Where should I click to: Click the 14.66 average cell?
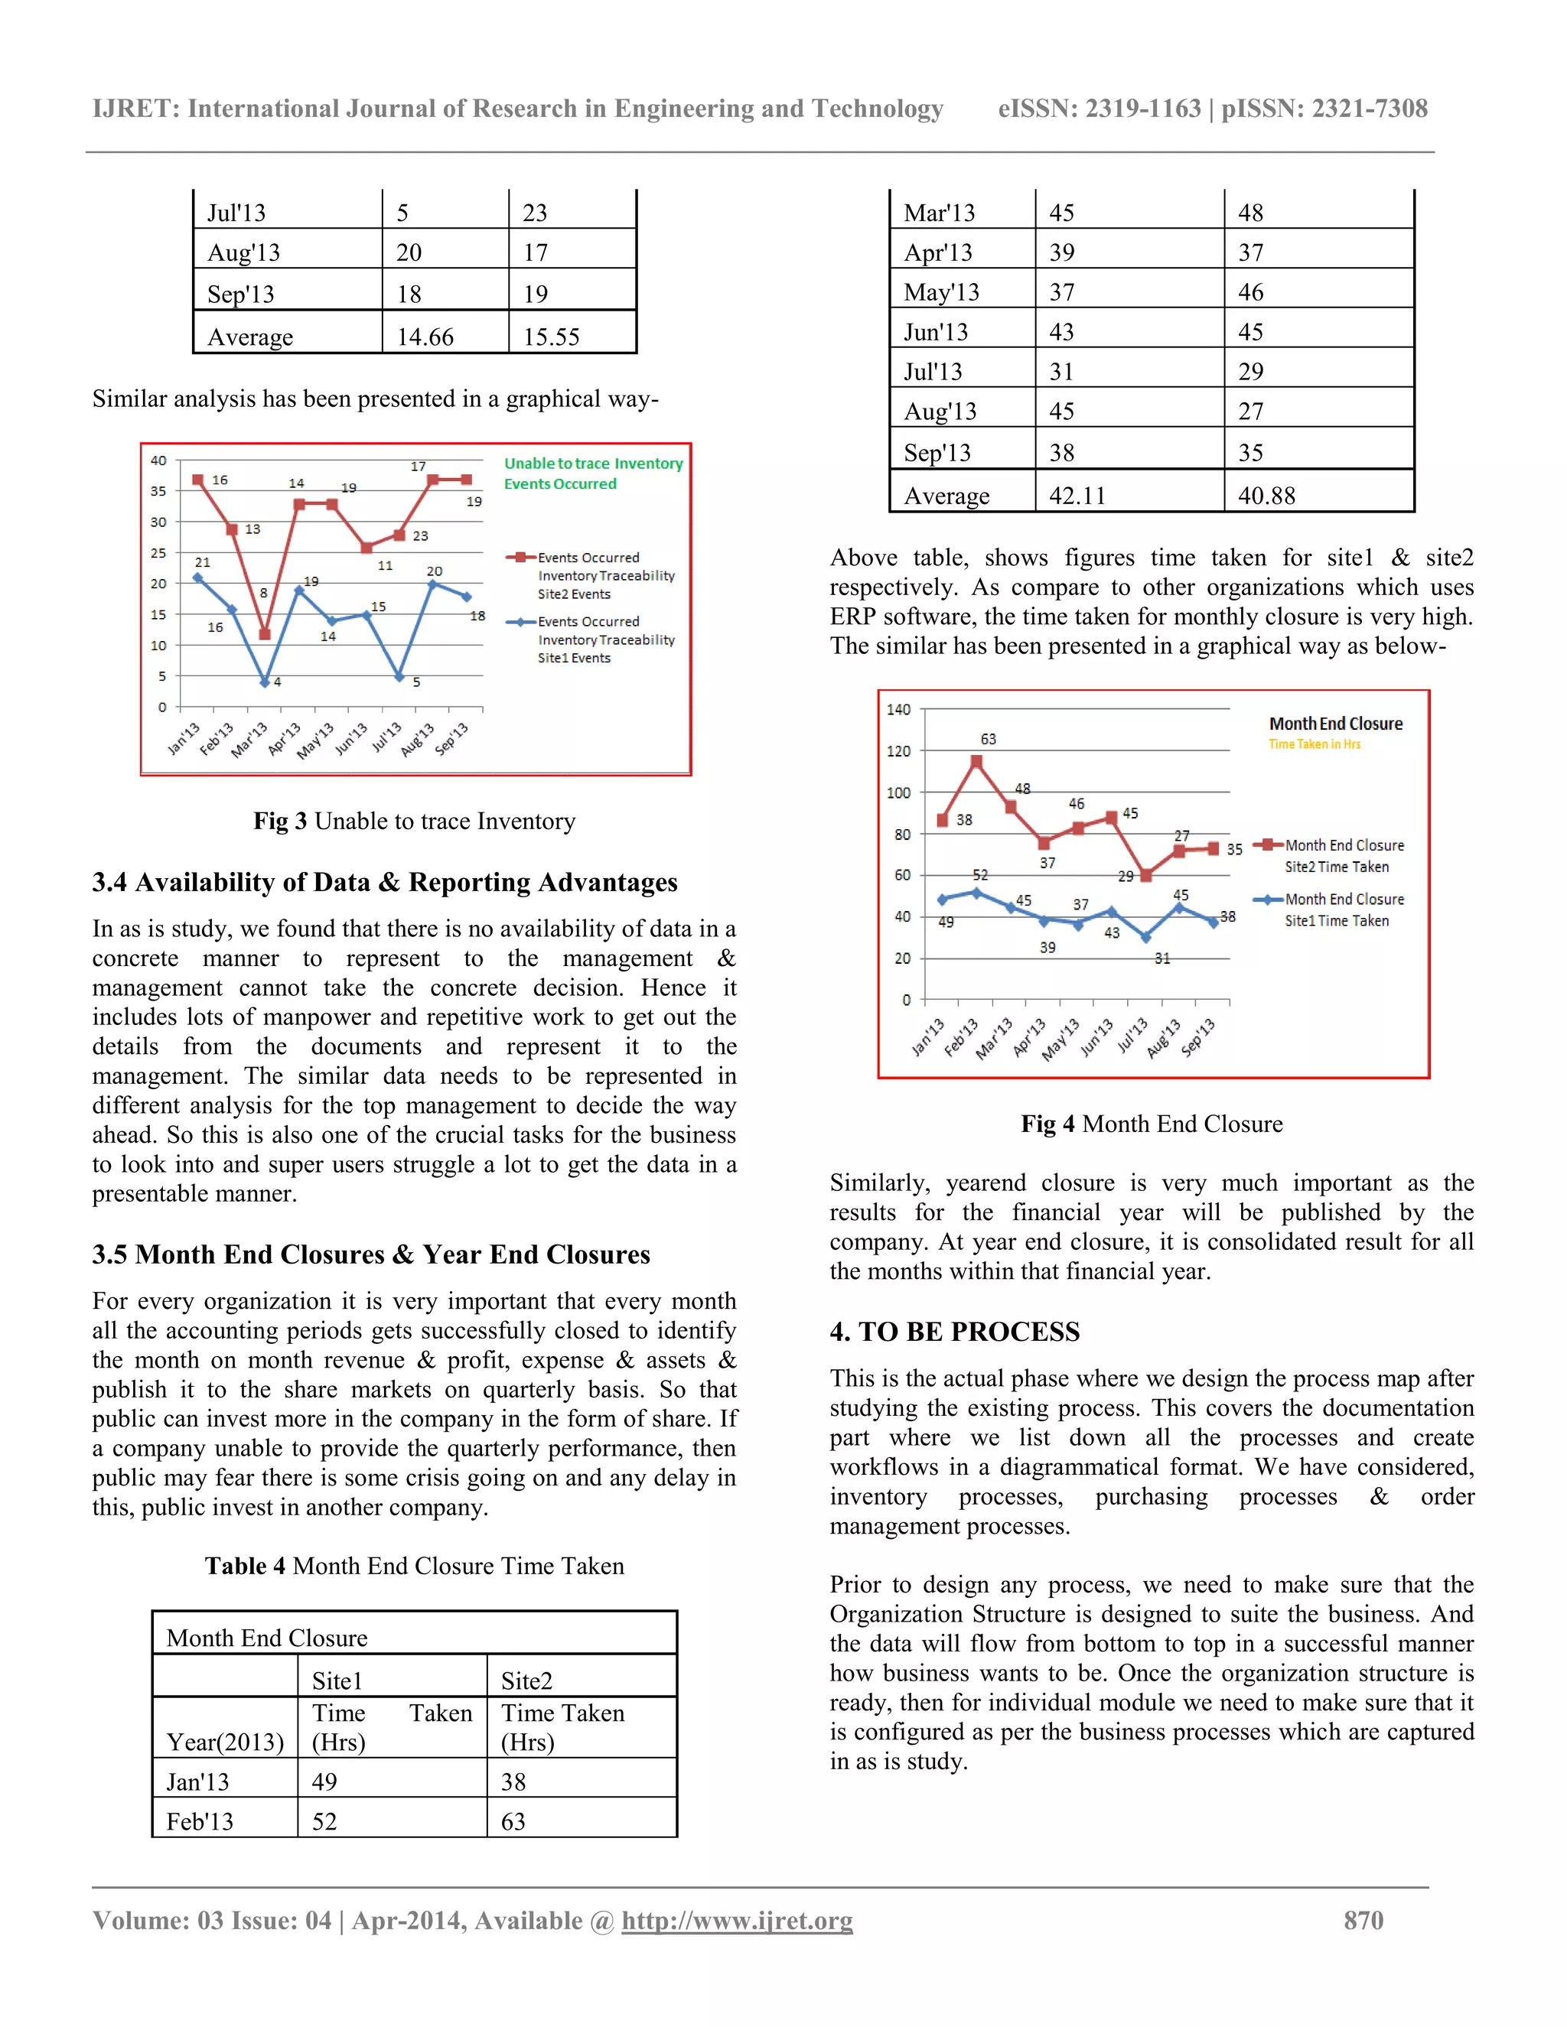tap(425, 336)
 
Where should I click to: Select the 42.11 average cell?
tap(1077, 495)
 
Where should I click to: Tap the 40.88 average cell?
tap(1266, 495)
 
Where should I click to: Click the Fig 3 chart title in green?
tap(592, 473)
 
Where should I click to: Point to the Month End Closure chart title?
tap(1335, 724)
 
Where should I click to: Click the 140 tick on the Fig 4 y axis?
tap(898, 710)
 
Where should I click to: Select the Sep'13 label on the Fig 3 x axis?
tap(453, 738)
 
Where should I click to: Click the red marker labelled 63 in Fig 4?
tap(976, 762)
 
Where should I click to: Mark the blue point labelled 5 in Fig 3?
tap(400, 677)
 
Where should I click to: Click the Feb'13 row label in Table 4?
tap(200, 1821)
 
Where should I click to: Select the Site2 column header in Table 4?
tap(526, 1680)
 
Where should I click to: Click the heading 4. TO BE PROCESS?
tap(954, 1332)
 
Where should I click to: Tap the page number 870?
tap(1363, 1920)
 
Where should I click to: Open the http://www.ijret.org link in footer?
tap(736, 1920)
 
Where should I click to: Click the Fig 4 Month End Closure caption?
tap(1151, 1124)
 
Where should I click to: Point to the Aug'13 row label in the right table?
tap(940, 412)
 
